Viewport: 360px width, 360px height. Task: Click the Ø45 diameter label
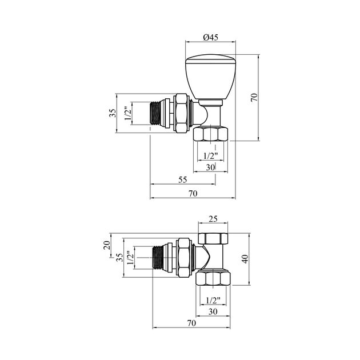[x=210, y=37]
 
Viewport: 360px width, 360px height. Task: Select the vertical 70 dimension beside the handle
[x=254, y=97]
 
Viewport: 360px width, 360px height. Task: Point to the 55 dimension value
[x=183, y=179]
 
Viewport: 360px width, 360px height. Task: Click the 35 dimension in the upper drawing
[x=113, y=113]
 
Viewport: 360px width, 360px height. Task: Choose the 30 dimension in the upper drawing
[x=210, y=167]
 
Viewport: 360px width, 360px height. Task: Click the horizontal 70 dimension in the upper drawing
[x=193, y=194]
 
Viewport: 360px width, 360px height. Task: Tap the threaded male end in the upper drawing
[x=155, y=114]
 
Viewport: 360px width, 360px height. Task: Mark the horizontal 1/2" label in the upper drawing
[x=210, y=156]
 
